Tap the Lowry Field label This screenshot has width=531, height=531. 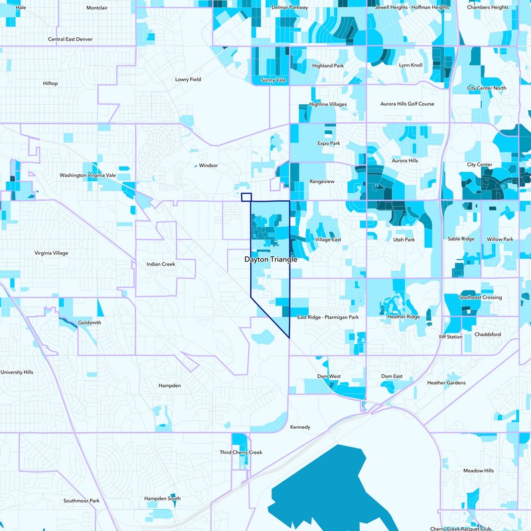tap(187, 79)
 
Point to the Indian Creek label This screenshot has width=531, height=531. tap(161, 264)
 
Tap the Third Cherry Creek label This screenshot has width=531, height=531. tap(241, 452)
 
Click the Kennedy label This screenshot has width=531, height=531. tap(300, 427)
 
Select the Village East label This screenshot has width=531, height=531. tap(328, 239)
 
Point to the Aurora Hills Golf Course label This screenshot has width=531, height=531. tap(407, 104)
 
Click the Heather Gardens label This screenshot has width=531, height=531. tap(446, 383)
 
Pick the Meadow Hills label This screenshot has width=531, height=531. tap(478, 471)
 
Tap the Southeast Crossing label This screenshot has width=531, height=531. tap(481, 297)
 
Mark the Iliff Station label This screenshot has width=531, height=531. tap(451, 337)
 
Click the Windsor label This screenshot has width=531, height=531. tap(208, 165)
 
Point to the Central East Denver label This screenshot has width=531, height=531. tap(70, 39)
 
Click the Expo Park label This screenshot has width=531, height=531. tap(329, 143)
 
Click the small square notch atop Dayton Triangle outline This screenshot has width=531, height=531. tap(246, 197)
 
